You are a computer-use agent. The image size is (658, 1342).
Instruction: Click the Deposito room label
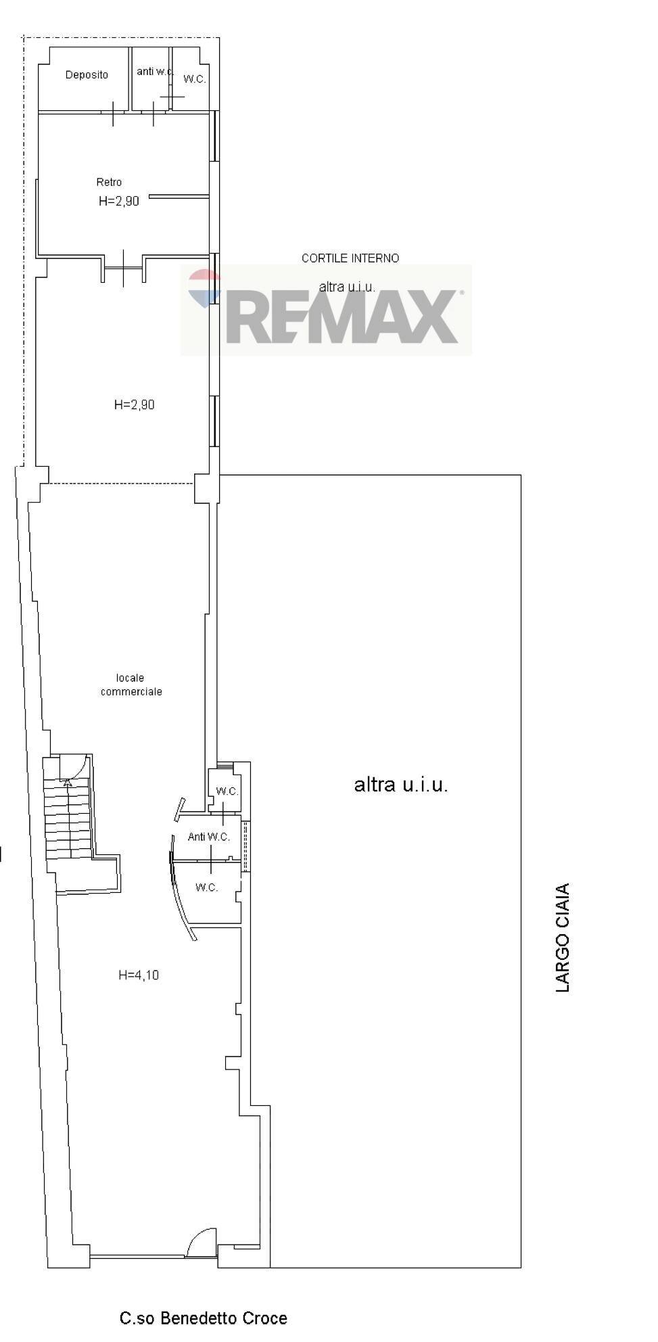tap(87, 75)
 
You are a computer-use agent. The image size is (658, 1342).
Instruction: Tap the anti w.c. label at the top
tap(156, 71)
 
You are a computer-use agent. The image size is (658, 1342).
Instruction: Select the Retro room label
tap(109, 182)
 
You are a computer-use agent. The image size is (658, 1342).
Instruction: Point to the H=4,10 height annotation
tap(139, 975)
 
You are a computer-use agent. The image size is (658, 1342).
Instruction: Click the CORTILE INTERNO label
tap(350, 258)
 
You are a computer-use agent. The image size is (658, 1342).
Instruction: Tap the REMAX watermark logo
tap(326, 310)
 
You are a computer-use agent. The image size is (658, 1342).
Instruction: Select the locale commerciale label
tap(131, 685)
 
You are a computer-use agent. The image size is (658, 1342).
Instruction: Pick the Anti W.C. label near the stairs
tap(209, 837)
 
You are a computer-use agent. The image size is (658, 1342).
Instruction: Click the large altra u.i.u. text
tap(401, 785)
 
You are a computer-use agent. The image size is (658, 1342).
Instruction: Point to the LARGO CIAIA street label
tap(563, 938)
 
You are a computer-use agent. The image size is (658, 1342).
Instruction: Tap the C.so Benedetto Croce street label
tap(204, 1318)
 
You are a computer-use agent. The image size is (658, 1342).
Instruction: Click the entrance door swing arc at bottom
tap(200, 1236)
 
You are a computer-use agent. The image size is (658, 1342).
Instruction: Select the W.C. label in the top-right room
tap(195, 79)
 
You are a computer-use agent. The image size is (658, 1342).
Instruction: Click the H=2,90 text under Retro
tap(119, 201)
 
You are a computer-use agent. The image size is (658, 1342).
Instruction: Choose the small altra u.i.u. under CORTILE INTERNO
tap(347, 287)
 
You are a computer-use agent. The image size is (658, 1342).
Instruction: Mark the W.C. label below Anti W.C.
tap(207, 887)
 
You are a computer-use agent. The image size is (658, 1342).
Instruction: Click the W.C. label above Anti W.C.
tap(227, 791)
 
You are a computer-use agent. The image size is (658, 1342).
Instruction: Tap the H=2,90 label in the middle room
tap(135, 404)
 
